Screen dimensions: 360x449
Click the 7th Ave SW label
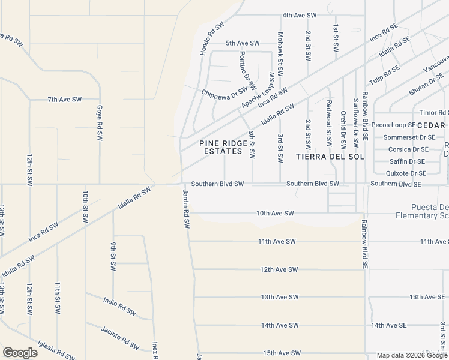[x=64, y=99]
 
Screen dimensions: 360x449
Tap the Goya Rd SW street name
[x=100, y=123]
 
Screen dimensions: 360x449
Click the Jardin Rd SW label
[x=186, y=209]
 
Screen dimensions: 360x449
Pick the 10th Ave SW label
[x=275, y=213]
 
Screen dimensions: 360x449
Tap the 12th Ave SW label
[x=279, y=269]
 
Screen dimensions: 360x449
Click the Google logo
[x=20, y=352]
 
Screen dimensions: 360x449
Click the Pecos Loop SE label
[x=393, y=125]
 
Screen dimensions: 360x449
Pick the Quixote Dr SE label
[x=406, y=173]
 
